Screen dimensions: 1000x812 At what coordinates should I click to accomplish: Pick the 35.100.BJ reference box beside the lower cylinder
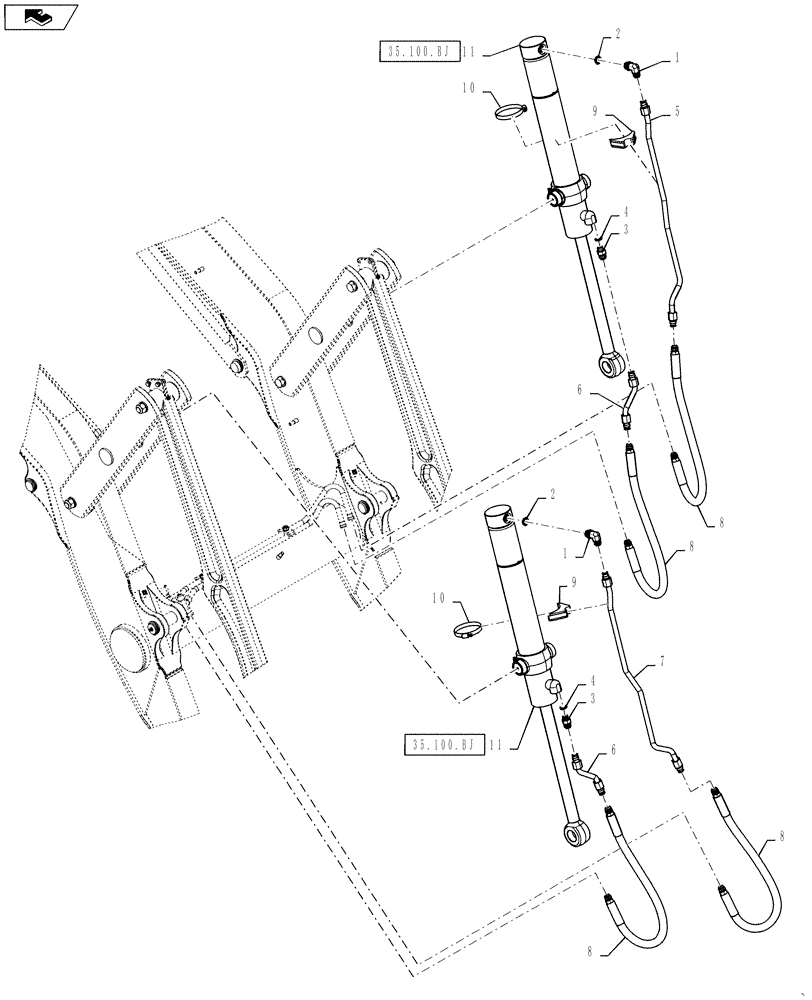click(444, 744)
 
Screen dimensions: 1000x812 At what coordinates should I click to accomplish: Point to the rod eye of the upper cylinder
click(608, 364)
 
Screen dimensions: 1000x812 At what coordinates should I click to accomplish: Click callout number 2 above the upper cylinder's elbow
click(617, 33)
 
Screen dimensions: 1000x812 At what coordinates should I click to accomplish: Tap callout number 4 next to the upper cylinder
click(625, 211)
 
